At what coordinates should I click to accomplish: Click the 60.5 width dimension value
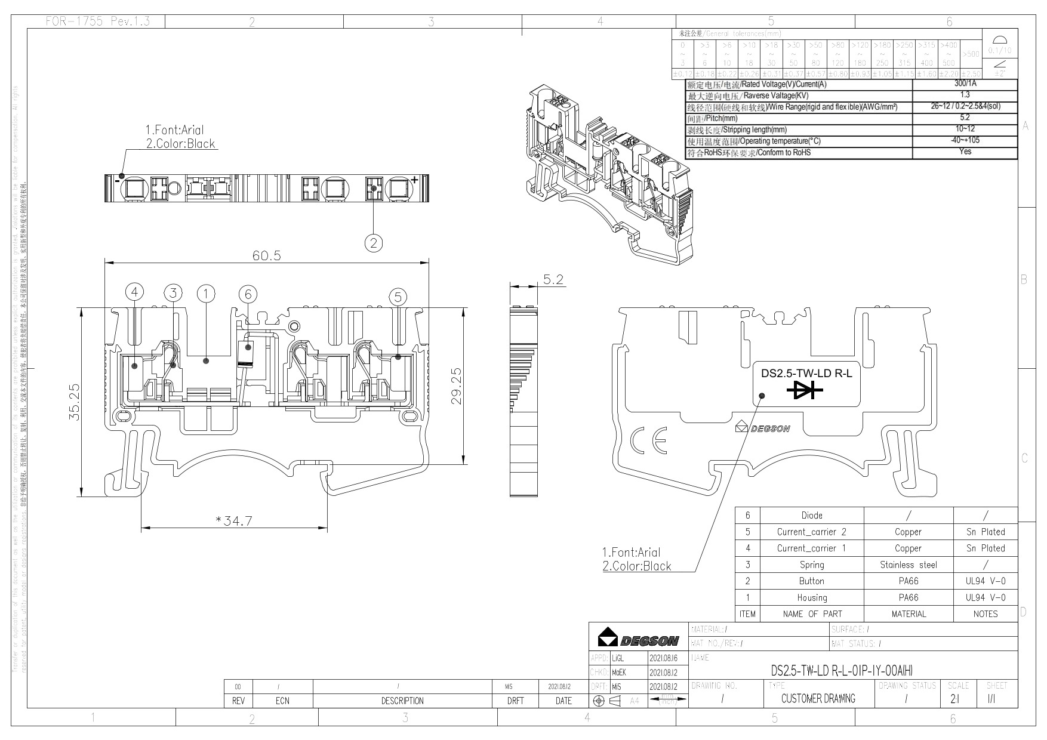[266, 255]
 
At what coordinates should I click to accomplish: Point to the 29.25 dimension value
[457, 387]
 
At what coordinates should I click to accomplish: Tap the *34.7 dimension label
[234, 521]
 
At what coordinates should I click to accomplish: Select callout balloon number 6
[248, 294]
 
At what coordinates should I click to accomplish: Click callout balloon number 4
[135, 292]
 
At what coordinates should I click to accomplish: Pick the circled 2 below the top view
[374, 242]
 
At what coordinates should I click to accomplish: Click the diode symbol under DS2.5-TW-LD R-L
[804, 390]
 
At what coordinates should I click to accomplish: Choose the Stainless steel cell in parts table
[908, 565]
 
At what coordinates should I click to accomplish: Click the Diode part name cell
[811, 516]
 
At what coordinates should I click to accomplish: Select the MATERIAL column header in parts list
[908, 613]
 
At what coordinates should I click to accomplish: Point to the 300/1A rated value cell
[965, 84]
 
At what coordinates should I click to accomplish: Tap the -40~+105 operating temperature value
[965, 141]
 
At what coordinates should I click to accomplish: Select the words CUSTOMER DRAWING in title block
[818, 698]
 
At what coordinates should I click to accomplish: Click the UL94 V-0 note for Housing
[985, 597]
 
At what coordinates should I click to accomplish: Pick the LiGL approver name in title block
[618, 659]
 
